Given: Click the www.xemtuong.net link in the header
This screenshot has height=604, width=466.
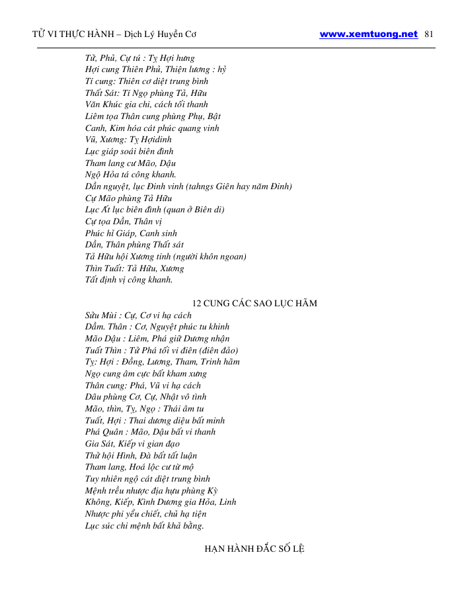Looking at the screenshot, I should [x=368, y=34].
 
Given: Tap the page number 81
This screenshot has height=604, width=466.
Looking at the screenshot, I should [x=428, y=34].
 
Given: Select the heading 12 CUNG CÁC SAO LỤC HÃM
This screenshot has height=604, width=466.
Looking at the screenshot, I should [x=254, y=304].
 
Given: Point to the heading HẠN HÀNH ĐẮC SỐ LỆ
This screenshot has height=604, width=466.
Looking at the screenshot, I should [x=254, y=550].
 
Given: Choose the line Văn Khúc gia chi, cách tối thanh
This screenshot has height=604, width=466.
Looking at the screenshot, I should [x=147, y=105].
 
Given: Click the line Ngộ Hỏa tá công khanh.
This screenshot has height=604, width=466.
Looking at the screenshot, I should [x=131, y=175].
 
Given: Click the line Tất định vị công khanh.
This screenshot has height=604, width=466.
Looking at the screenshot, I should [x=129, y=280].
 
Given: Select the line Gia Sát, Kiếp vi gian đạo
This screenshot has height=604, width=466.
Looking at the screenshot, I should [x=132, y=444].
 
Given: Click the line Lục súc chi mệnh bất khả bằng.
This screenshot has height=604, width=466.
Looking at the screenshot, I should [x=145, y=526].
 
